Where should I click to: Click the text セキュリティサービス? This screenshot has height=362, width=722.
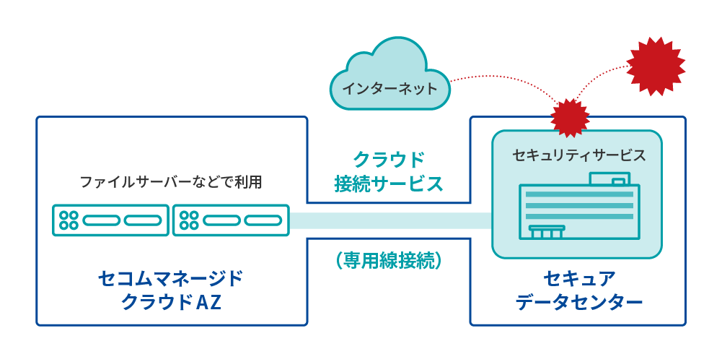tap(578, 155)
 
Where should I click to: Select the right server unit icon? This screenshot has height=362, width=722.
tap(231, 220)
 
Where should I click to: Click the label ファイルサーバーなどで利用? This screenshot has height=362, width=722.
tap(170, 182)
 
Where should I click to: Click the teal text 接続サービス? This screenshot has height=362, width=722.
tap(388, 184)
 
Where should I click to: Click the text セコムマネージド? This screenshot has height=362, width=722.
tap(170, 278)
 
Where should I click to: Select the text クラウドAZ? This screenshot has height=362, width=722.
tap(170, 302)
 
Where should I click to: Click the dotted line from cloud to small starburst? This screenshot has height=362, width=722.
tap(505, 77)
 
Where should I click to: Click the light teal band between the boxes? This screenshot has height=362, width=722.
tap(389, 220)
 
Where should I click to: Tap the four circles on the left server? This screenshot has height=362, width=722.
tap(69, 220)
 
